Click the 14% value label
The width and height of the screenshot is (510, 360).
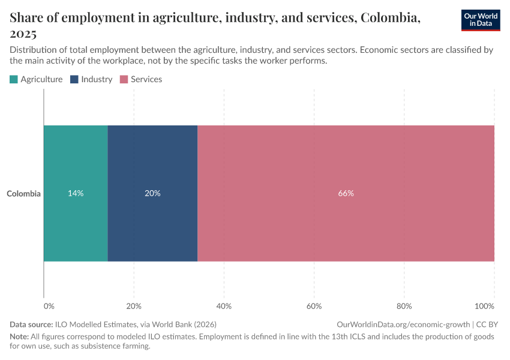click(x=76, y=194)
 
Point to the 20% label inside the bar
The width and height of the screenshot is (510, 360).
click(x=152, y=194)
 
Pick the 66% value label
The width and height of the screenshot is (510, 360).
click(x=346, y=194)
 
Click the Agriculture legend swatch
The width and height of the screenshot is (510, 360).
click(x=14, y=79)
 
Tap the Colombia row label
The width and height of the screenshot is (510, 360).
click(x=24, y=194)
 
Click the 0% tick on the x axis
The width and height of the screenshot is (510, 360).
click(x=49, y=306)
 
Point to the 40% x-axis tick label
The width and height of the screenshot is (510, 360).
click(x=224, y=306)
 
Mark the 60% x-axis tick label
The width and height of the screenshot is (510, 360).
click(x=314, y=306)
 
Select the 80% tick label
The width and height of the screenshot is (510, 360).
click(x=404, y=306)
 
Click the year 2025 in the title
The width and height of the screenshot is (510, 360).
click(x=23, y=34)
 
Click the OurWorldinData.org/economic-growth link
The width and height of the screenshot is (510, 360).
click(x=404, y=324)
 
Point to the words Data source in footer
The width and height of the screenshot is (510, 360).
click(x=31, y=324)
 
